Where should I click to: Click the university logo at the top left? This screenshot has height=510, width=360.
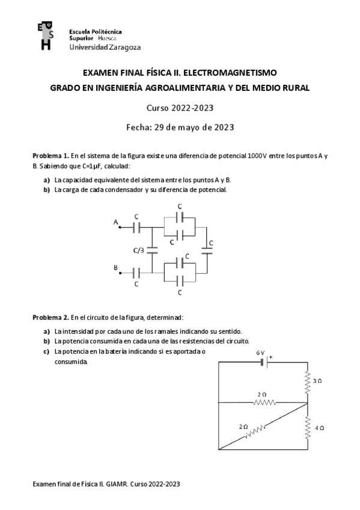pyautogui.click(x=44, y=37)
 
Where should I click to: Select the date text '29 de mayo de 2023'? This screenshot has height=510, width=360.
pyautogui.click(x=194, y=127)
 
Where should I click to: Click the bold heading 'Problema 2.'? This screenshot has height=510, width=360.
pyautogui.click(x=50, y=317)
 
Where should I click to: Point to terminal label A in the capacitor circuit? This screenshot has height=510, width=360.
pyautogui.click(x=115, y=223)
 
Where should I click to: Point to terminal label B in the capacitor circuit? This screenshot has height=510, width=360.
pyautogui.click(x=115, y=266)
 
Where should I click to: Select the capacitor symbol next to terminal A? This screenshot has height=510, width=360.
pyautogui.click(x=137, y=228)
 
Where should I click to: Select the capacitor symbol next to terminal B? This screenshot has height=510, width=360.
pyautogui.click(x=137, y=273)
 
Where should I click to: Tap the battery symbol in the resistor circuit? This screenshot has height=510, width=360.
pyautogui.click(x=263, y=362)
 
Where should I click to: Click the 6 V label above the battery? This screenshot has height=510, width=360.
pyautogui.click(x=259, y=353)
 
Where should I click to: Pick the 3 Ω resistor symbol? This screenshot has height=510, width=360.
pyautogui.click(x=307, y=381)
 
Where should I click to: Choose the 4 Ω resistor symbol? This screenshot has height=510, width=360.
pyautogui.click(x=307, y=427)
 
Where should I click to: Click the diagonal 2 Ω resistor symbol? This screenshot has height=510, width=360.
pyautogui.click(x=255, y=431)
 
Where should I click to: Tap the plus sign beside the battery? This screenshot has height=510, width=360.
pyautogui.click(x=270, y=357)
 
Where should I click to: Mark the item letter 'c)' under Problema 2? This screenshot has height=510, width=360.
pyautogui.click(x=46, y=351)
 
